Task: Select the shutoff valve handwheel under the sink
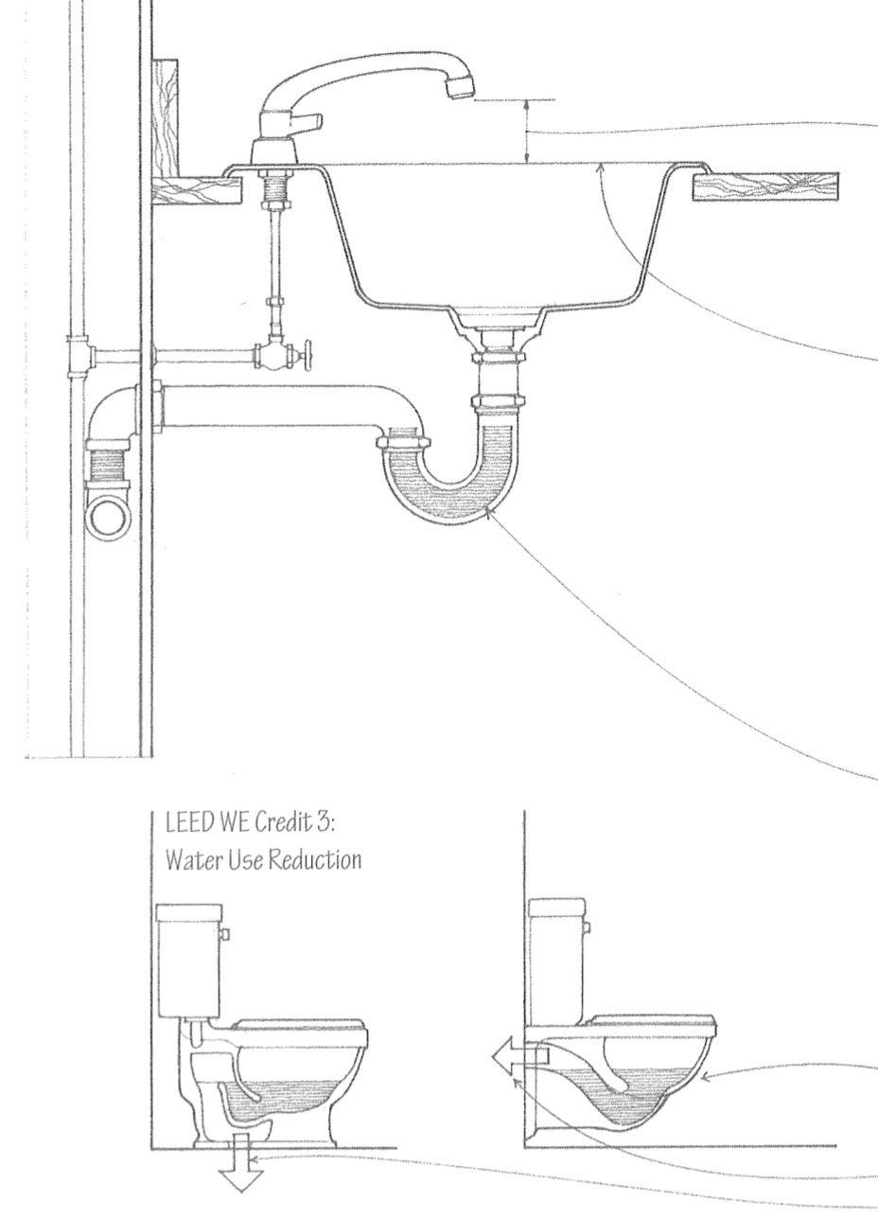tap(308, 356)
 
